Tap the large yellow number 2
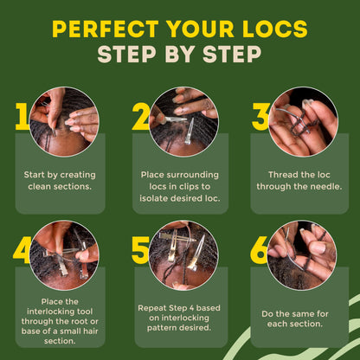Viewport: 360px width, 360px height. pyautogui.click(x=141, y=116)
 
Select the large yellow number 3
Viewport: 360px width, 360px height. pyautogui.click(x=261, y=116)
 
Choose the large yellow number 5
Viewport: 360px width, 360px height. pyautogui.click(x=141, y=249)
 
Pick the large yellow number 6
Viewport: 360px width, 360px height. pyautogui.click(x=260, y=249)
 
